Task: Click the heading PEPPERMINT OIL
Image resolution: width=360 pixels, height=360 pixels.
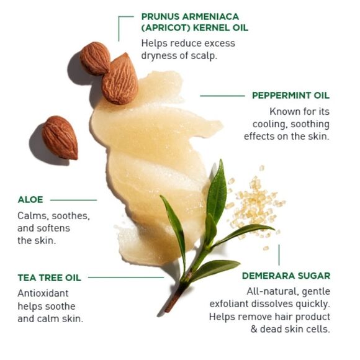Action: point(290,96)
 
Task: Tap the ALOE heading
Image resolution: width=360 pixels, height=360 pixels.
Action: point(30,200)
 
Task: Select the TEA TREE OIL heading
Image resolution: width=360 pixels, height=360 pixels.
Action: point(50,277)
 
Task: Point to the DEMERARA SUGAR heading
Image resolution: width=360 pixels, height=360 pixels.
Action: point(286,276)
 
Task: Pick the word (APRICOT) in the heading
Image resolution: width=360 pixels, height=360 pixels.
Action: point(166,28)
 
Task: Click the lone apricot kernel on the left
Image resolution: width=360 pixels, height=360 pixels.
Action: point(60,138)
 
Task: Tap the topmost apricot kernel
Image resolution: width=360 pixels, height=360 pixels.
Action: point(95,58)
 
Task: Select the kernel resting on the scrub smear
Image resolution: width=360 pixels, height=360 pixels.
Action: point(120,79)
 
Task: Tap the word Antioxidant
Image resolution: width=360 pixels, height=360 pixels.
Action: point(43,293)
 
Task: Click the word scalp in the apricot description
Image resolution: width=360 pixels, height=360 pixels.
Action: point(205,55)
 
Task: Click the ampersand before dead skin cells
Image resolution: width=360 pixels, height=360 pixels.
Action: point(254,329)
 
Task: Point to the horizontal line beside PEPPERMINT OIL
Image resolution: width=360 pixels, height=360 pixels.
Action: point(222,96)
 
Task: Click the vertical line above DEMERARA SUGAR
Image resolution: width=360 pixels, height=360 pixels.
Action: point(279,255)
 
